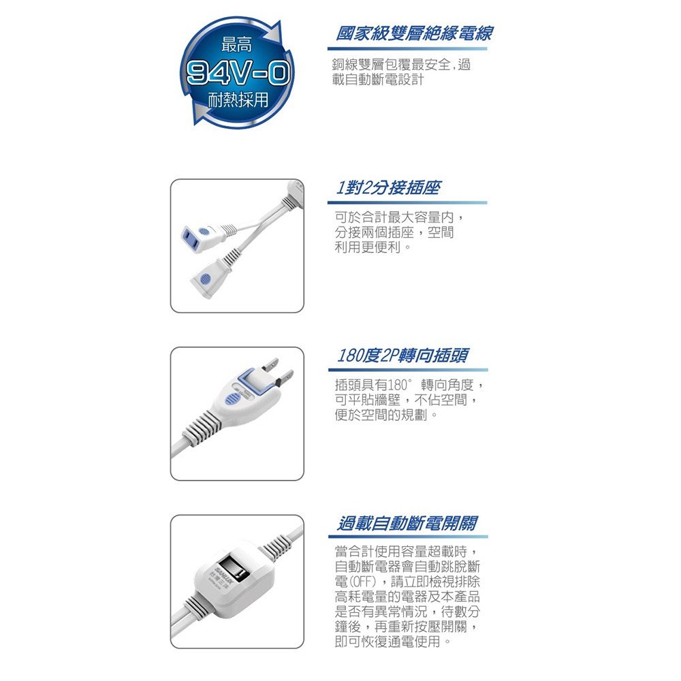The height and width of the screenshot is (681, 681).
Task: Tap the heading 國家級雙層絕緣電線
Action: (x=415, y=33)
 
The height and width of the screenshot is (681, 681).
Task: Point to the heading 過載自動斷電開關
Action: (x=408, y=523)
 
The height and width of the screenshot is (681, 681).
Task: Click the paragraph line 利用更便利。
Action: (x=373, y=247)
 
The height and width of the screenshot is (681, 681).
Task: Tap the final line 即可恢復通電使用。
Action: (x=393, y=642)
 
